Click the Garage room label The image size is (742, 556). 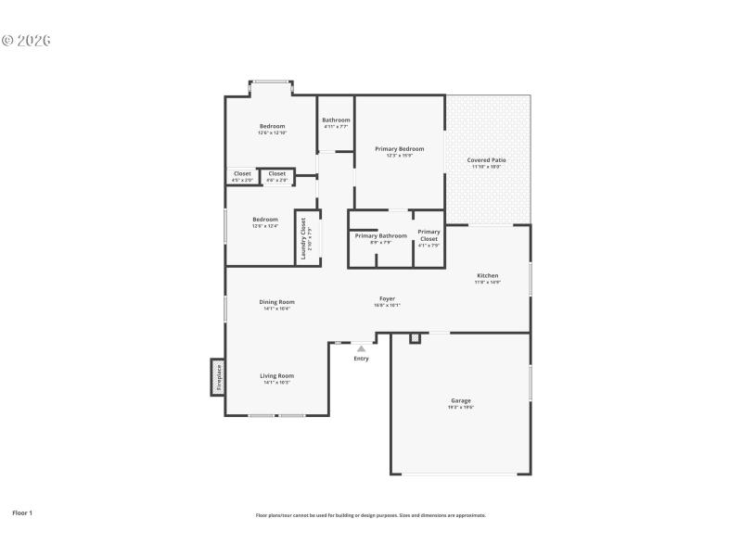(461, 401)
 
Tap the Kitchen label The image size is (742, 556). (488, 275)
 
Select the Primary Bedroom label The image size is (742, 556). (399, 148)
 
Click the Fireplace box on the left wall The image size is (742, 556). (219, 376)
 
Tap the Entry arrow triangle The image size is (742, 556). (361, 348)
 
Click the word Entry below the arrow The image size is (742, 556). (361, 359)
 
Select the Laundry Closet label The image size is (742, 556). (302, 237)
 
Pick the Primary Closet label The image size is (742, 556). (429, 235)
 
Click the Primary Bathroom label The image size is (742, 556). (381, 235)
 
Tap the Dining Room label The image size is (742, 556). (276, 301)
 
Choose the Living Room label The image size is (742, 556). (276, 375)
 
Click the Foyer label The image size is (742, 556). (387, 298)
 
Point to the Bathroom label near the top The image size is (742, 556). (336, 120)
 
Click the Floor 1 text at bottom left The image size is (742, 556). (22, 512)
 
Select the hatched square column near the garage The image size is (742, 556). (415, 337)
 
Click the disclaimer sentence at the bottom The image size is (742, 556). (371, 515)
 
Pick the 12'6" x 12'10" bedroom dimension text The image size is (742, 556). (272, 133)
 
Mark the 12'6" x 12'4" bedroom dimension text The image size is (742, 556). (265, 226)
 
